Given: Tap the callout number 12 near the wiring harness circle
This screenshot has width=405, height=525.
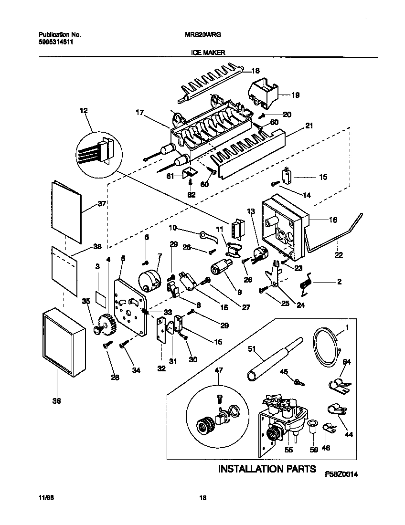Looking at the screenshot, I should click(x=84, y=111).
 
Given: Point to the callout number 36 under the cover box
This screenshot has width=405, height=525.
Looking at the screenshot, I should click(x=56, y=401).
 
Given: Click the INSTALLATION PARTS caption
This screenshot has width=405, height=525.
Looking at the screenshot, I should click(x=266, y=469).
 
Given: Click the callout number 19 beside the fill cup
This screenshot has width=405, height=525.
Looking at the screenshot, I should click(x=295, y=95).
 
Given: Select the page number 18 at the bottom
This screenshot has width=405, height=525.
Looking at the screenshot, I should click(x=202, y=498).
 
